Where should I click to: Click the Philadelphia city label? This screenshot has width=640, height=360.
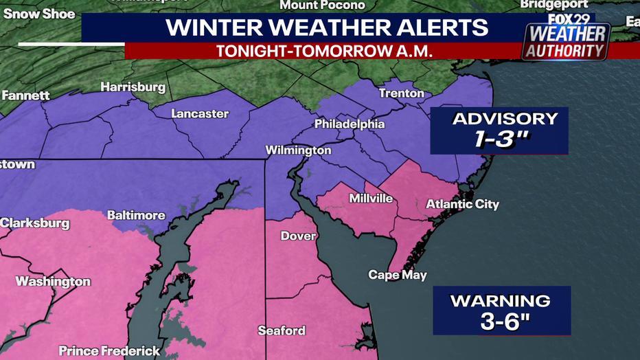(x=350, y=124)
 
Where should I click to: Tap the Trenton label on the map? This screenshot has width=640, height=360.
(x=401, y=93)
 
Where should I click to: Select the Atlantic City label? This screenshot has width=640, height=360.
(x=462, y=204)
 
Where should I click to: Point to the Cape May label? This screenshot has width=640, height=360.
(x=398, y=275)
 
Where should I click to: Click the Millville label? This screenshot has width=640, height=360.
(x=371, y=199)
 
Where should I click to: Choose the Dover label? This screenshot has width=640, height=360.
(x=299, y=236)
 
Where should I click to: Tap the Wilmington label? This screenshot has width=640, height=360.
(x=299, y=150)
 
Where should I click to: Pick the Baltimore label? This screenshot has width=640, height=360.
(x=136, y=215)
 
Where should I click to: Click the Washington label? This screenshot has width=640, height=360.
(x=53, y=282)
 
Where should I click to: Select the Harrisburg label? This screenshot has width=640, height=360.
(x=133, y=87)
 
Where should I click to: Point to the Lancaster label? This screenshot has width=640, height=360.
(x=199, y=113)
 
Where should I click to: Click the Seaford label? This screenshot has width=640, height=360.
(x=282, y=330)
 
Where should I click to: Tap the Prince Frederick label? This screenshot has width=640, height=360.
(x=109, y=351)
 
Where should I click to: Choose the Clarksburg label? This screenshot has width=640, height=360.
(x=35, y=223)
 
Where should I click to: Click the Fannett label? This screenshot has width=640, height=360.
(x=25, y=95)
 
